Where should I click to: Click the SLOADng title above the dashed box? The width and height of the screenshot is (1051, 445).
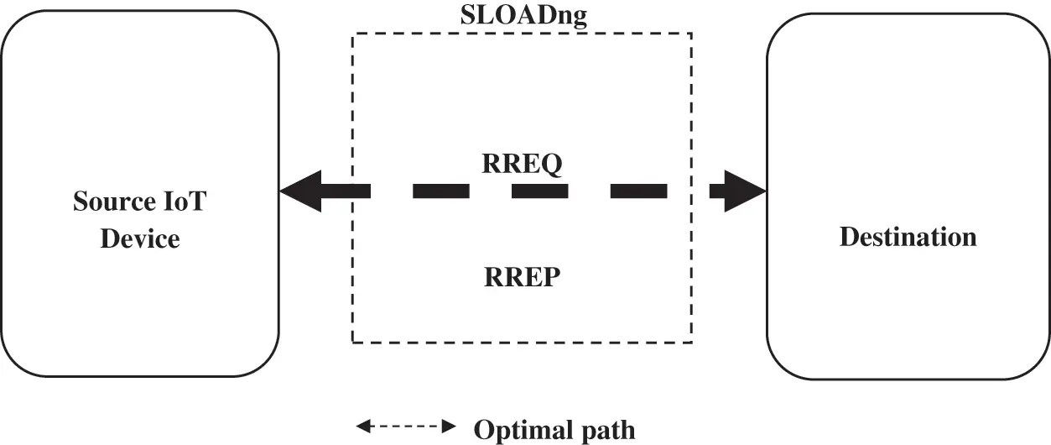coord(522,15)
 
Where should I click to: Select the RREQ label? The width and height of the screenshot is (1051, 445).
coord(521,165)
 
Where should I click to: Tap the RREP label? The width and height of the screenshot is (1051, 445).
coord(521,277)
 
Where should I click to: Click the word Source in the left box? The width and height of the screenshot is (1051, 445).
coord(113,202)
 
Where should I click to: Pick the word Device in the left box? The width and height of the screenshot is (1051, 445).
coord(140,239)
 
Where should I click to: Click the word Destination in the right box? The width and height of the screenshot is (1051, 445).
coord(908,237)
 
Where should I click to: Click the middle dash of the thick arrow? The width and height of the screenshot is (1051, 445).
coord(539,191)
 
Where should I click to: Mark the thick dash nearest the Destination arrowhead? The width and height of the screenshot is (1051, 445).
coord(638,191)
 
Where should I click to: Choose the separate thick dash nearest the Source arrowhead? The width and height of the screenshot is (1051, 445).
coord(440,191)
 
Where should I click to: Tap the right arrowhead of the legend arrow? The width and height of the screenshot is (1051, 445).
coord(450,427)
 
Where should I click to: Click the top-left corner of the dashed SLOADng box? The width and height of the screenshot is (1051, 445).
coord(352,34)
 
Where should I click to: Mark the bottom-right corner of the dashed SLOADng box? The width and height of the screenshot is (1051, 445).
coord(691,342)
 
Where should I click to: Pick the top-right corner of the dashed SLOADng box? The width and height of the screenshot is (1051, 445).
coord(691,34)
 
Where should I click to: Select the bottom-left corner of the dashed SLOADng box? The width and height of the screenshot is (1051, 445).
coord(352,342)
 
